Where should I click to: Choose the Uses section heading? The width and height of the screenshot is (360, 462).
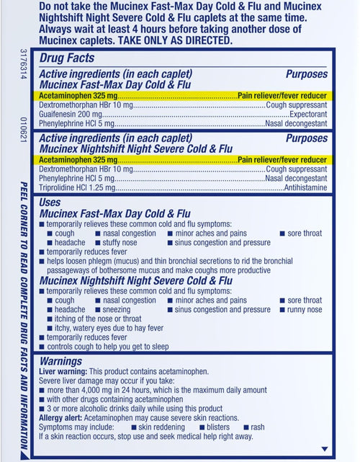point(50,203)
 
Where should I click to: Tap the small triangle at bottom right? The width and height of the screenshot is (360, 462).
point(323,448)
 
